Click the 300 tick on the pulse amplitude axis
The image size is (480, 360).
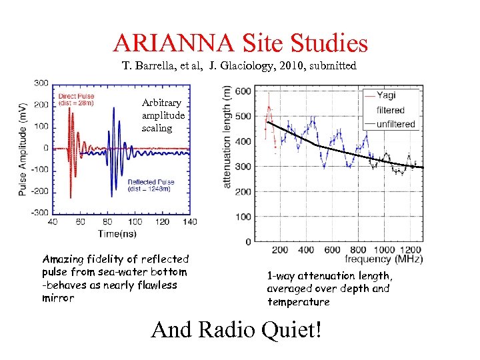pos(41,83)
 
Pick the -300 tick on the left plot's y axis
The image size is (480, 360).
pos(39,212)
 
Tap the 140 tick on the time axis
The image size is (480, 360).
pos(189,222)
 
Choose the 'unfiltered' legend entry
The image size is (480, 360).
pos(396,124)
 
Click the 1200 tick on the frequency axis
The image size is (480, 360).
pos(412,249)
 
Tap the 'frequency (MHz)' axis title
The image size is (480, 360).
pos(383,259)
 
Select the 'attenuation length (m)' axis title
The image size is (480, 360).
pos(227,137)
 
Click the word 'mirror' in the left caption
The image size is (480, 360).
pos(58,298)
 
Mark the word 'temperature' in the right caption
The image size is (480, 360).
pos(298,302)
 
